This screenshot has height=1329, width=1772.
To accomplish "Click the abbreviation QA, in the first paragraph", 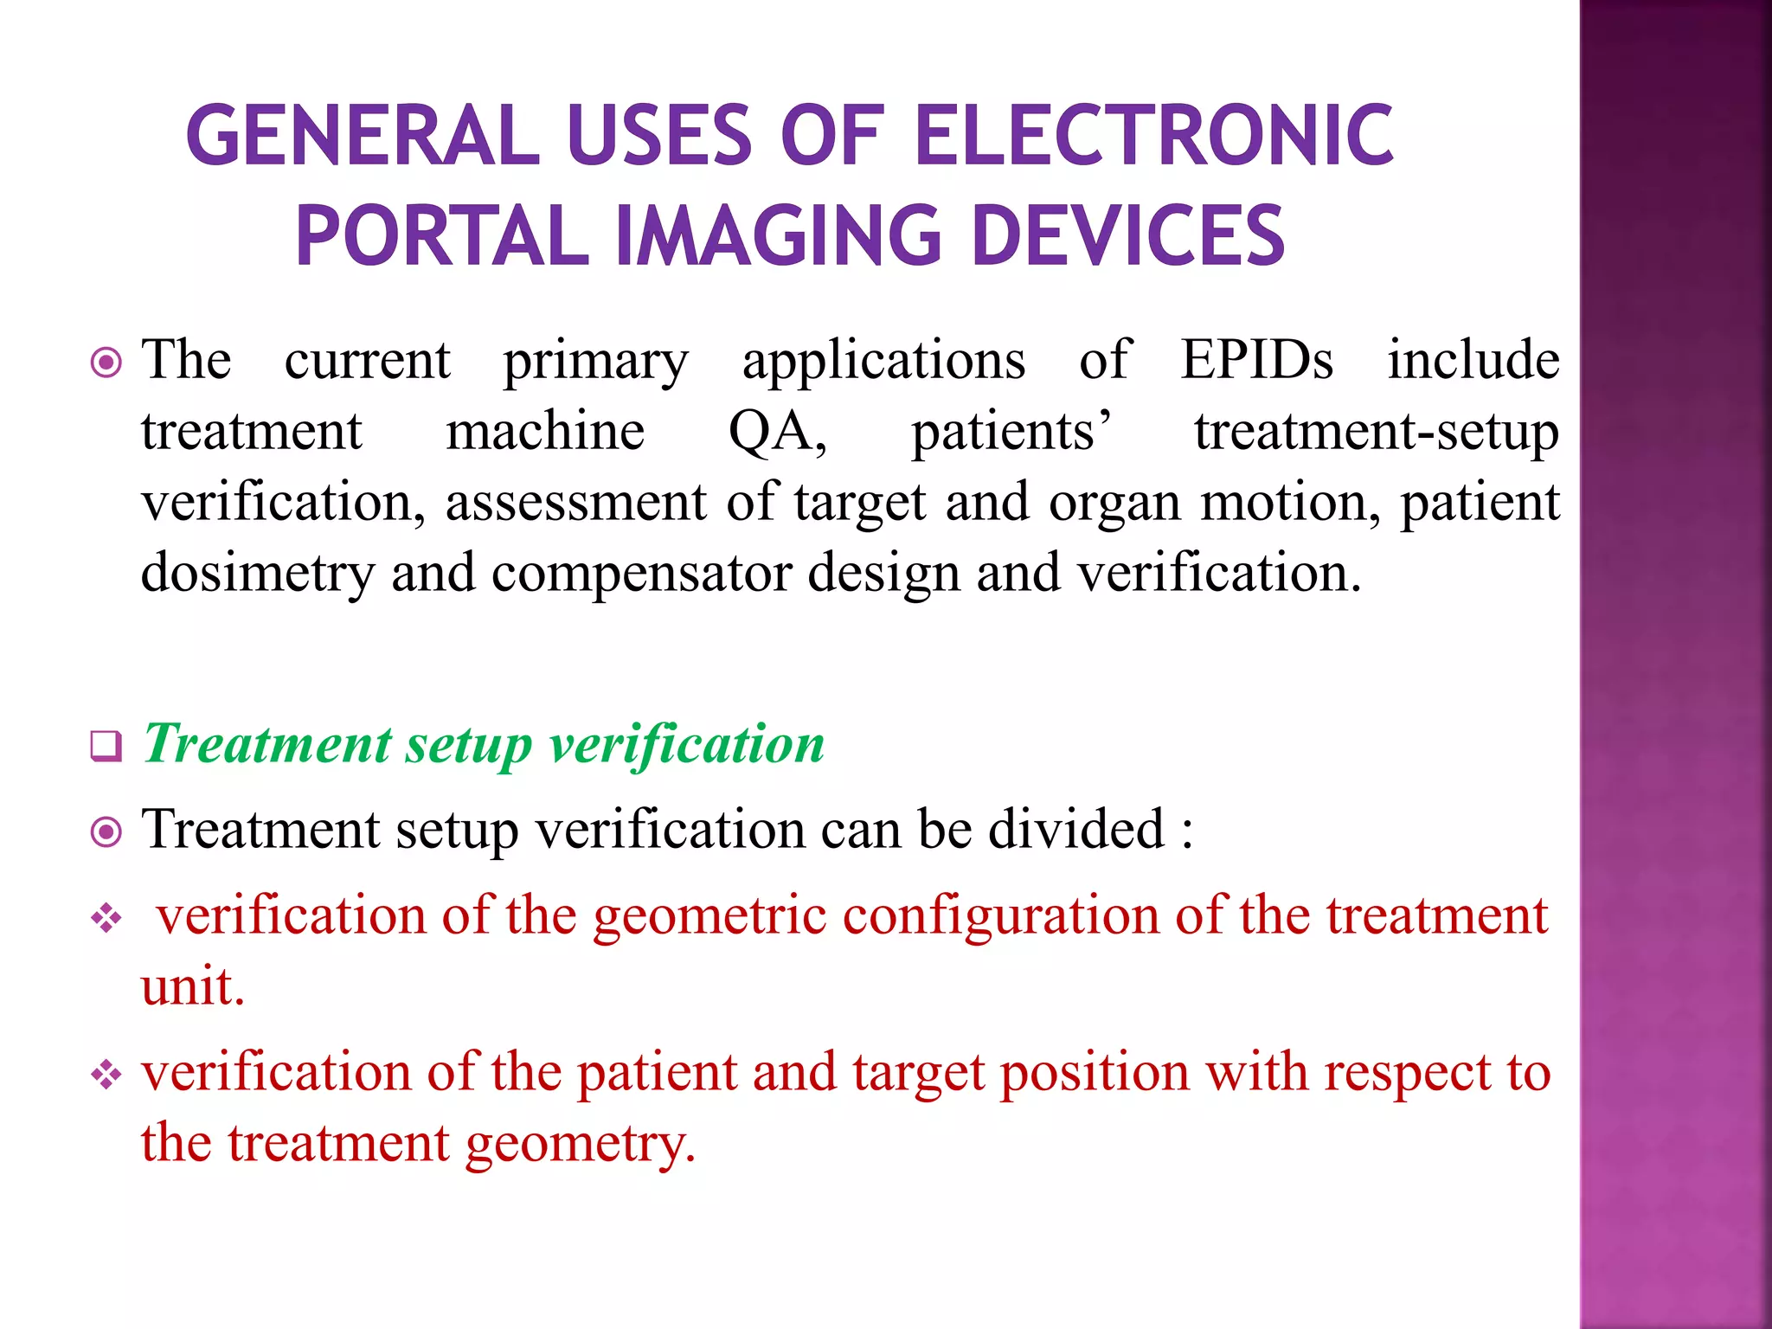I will [777, 431].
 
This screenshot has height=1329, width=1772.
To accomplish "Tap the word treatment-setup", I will [1376, 433].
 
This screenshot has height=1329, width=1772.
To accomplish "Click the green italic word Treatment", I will [267, 743].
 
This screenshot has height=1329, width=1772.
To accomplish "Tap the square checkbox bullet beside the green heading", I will [106, 745].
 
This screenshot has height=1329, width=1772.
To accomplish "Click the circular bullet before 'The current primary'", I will [106, 363].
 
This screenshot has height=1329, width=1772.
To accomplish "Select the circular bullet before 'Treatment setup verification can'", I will [106, 832].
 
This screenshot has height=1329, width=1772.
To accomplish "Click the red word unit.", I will [192, 986].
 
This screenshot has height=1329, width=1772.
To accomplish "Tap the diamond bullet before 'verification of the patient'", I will [106, 1075].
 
